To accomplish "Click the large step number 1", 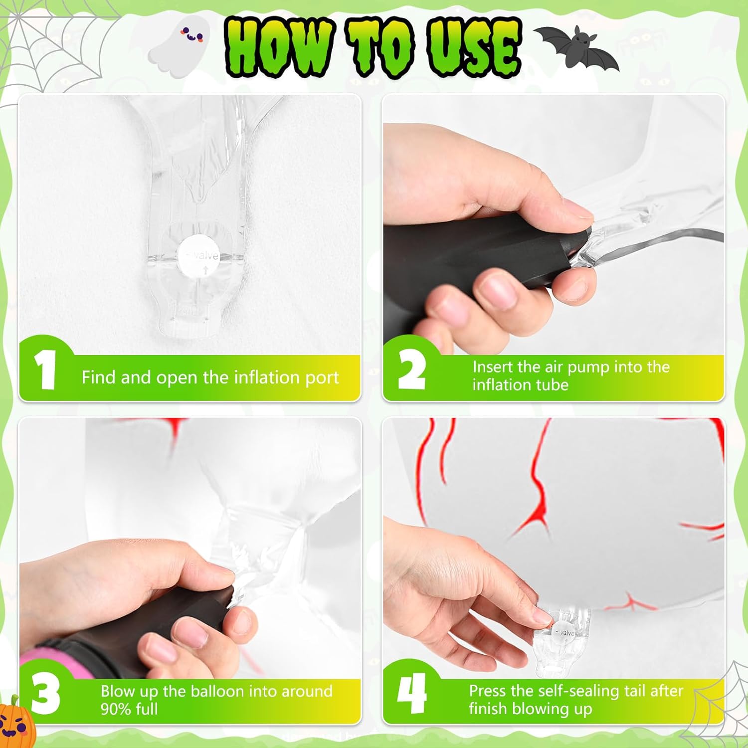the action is tap(46, 370).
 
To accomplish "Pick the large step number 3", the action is tap(45, 694).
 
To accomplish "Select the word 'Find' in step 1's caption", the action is tap(99, 377).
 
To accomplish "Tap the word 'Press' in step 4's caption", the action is tap(488, 691).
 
